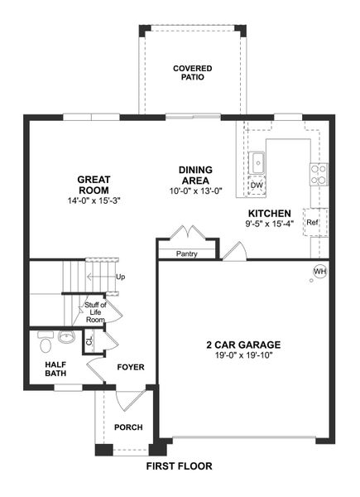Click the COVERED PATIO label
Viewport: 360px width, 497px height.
(x=192, y=73)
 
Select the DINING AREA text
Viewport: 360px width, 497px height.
(x=195, y=175)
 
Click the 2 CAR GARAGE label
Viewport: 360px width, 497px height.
(x=244, y=345)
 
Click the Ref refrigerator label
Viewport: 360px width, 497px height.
(x=312, y=222)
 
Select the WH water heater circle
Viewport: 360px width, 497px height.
(x=319, y=271)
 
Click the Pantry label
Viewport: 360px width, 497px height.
(x=186, y=253)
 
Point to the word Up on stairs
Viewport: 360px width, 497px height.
(x=121, y=277)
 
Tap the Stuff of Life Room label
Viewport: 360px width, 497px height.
(x=95, y=312)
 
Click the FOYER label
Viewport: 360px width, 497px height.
(x=130, y=366)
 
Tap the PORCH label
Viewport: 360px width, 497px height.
(x=128, y=427)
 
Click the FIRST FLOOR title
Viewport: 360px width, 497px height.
(x=179, y=466)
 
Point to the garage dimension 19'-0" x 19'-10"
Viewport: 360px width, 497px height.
(x=244, y=356)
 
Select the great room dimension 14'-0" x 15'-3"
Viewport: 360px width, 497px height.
(x=94, y=200)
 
